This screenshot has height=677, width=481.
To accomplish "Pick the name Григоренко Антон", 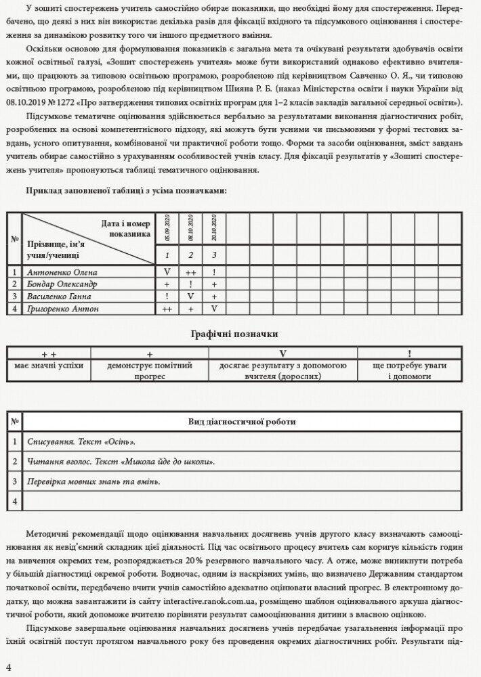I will point(62,309).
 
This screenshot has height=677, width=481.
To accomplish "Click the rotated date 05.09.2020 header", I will point(167,229).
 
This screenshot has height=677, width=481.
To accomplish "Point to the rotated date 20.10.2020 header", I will point(214,229).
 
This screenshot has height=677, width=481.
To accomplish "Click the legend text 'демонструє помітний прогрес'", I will point(150,370).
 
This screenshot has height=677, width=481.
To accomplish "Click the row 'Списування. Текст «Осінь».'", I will point(81,442).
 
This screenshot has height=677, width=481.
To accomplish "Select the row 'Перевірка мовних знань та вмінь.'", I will point(94,481).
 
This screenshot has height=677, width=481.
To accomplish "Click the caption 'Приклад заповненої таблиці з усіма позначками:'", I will point(127,191).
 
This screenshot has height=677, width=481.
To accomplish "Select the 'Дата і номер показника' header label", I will point(126,228).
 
